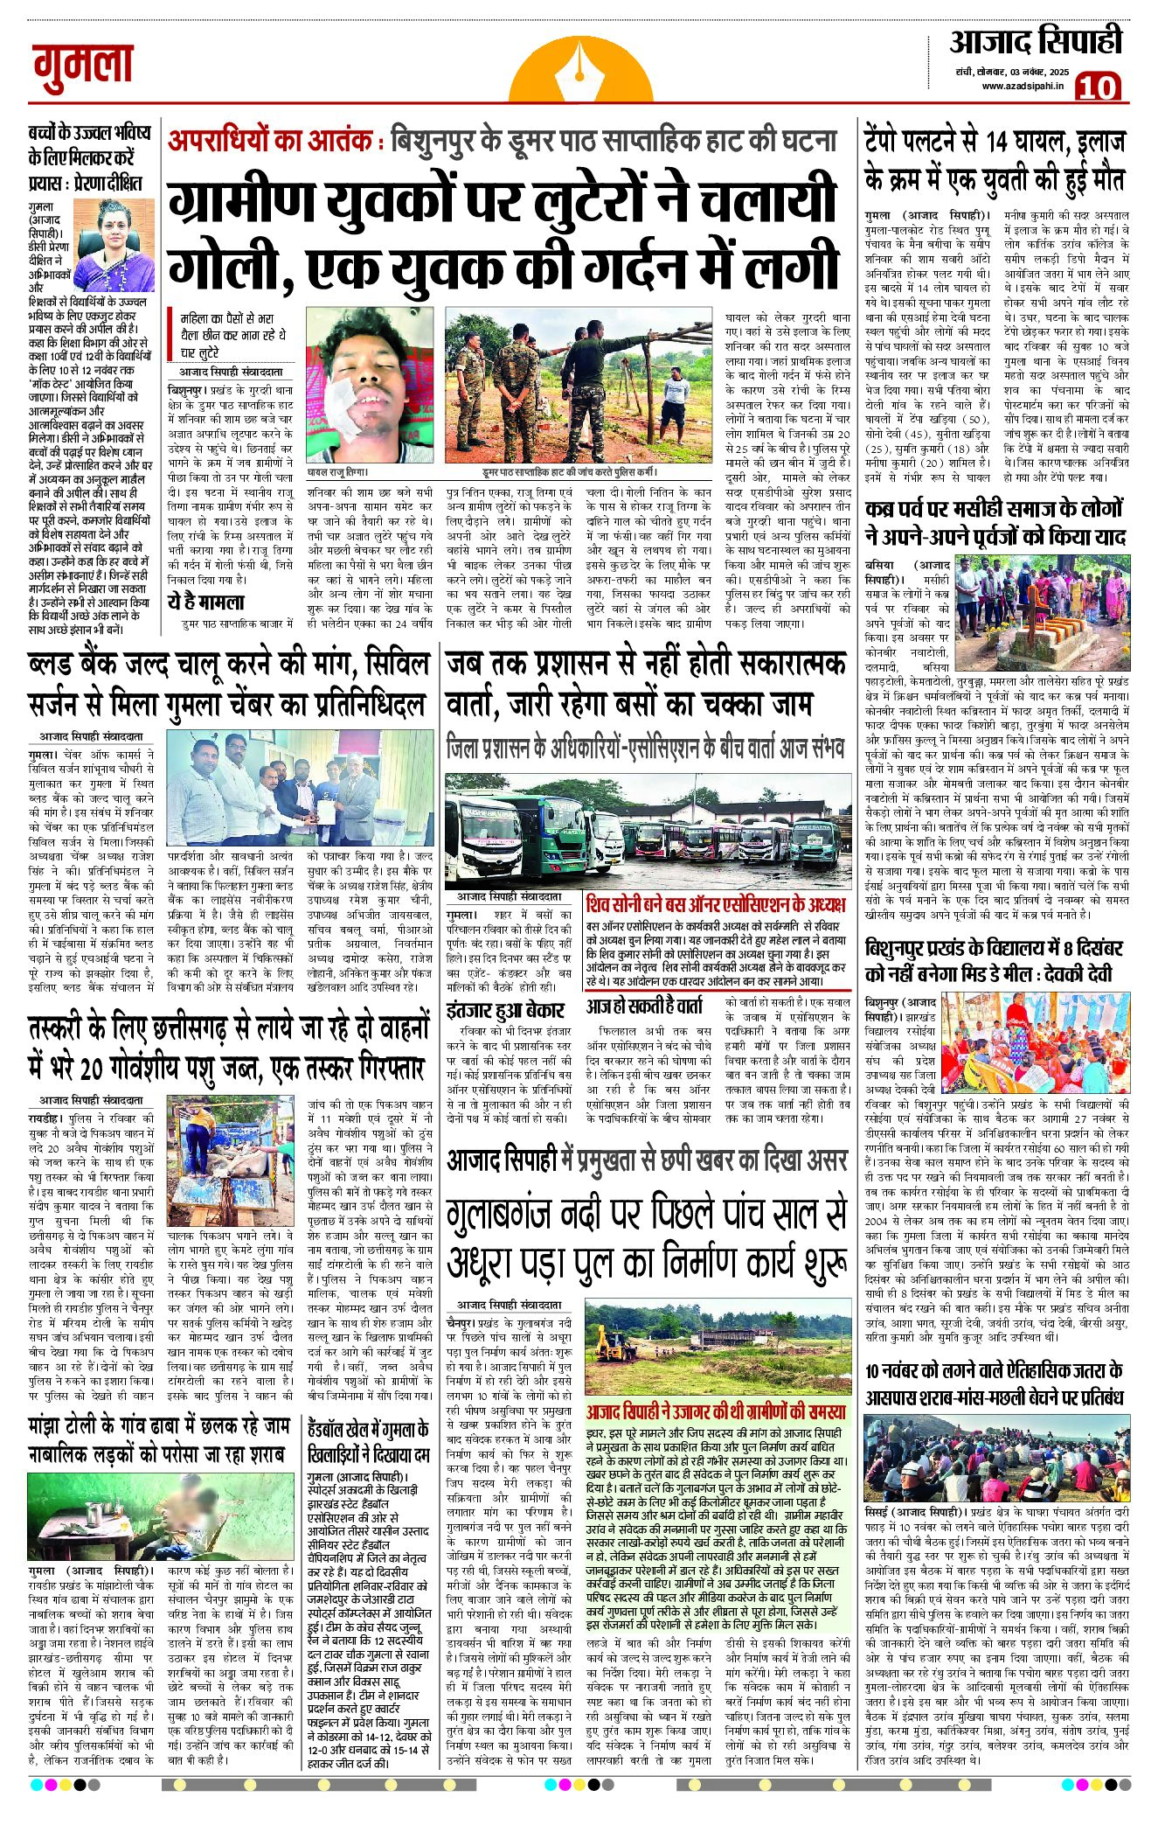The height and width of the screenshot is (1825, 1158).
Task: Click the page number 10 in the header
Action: click(x=1098, y=87)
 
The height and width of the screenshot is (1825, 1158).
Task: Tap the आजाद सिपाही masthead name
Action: click(x=1036, y=41)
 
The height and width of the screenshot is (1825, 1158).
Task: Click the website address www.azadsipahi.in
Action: click(x=1022, y=86)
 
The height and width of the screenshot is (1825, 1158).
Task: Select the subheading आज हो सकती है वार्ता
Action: click(x=644, y=1007)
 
